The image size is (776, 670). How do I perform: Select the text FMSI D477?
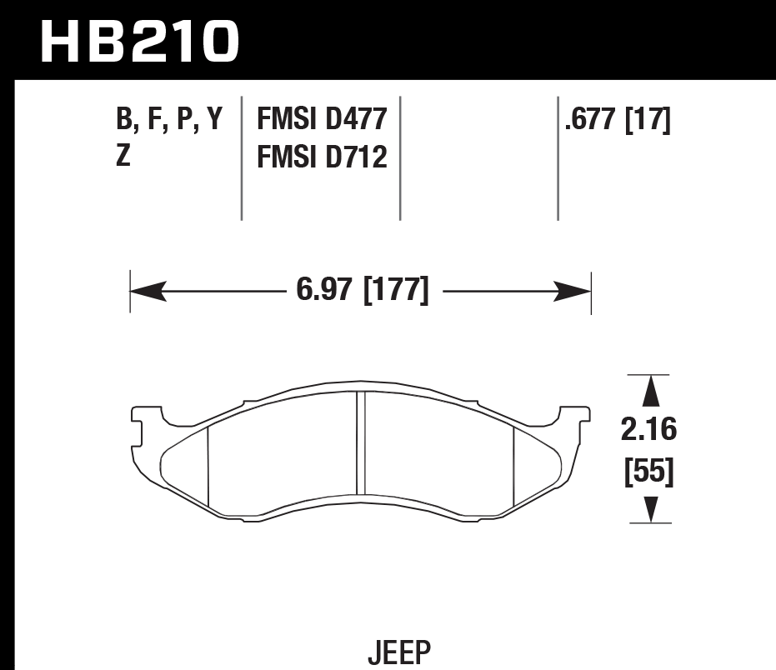coord(322,120)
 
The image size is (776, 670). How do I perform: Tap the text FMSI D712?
coord(322,156)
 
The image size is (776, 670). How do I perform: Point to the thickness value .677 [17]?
coord(617,120)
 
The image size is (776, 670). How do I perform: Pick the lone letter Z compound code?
coord(123,156)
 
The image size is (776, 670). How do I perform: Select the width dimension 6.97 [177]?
coord(362,292)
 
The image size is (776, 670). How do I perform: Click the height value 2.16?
coord(649,430)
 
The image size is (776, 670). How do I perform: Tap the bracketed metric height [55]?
coord(649,472)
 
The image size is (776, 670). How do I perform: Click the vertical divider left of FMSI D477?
coord(242,158)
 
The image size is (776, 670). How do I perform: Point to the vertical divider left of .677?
coord(558,158)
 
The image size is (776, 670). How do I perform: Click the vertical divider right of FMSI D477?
coord(400,158)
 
